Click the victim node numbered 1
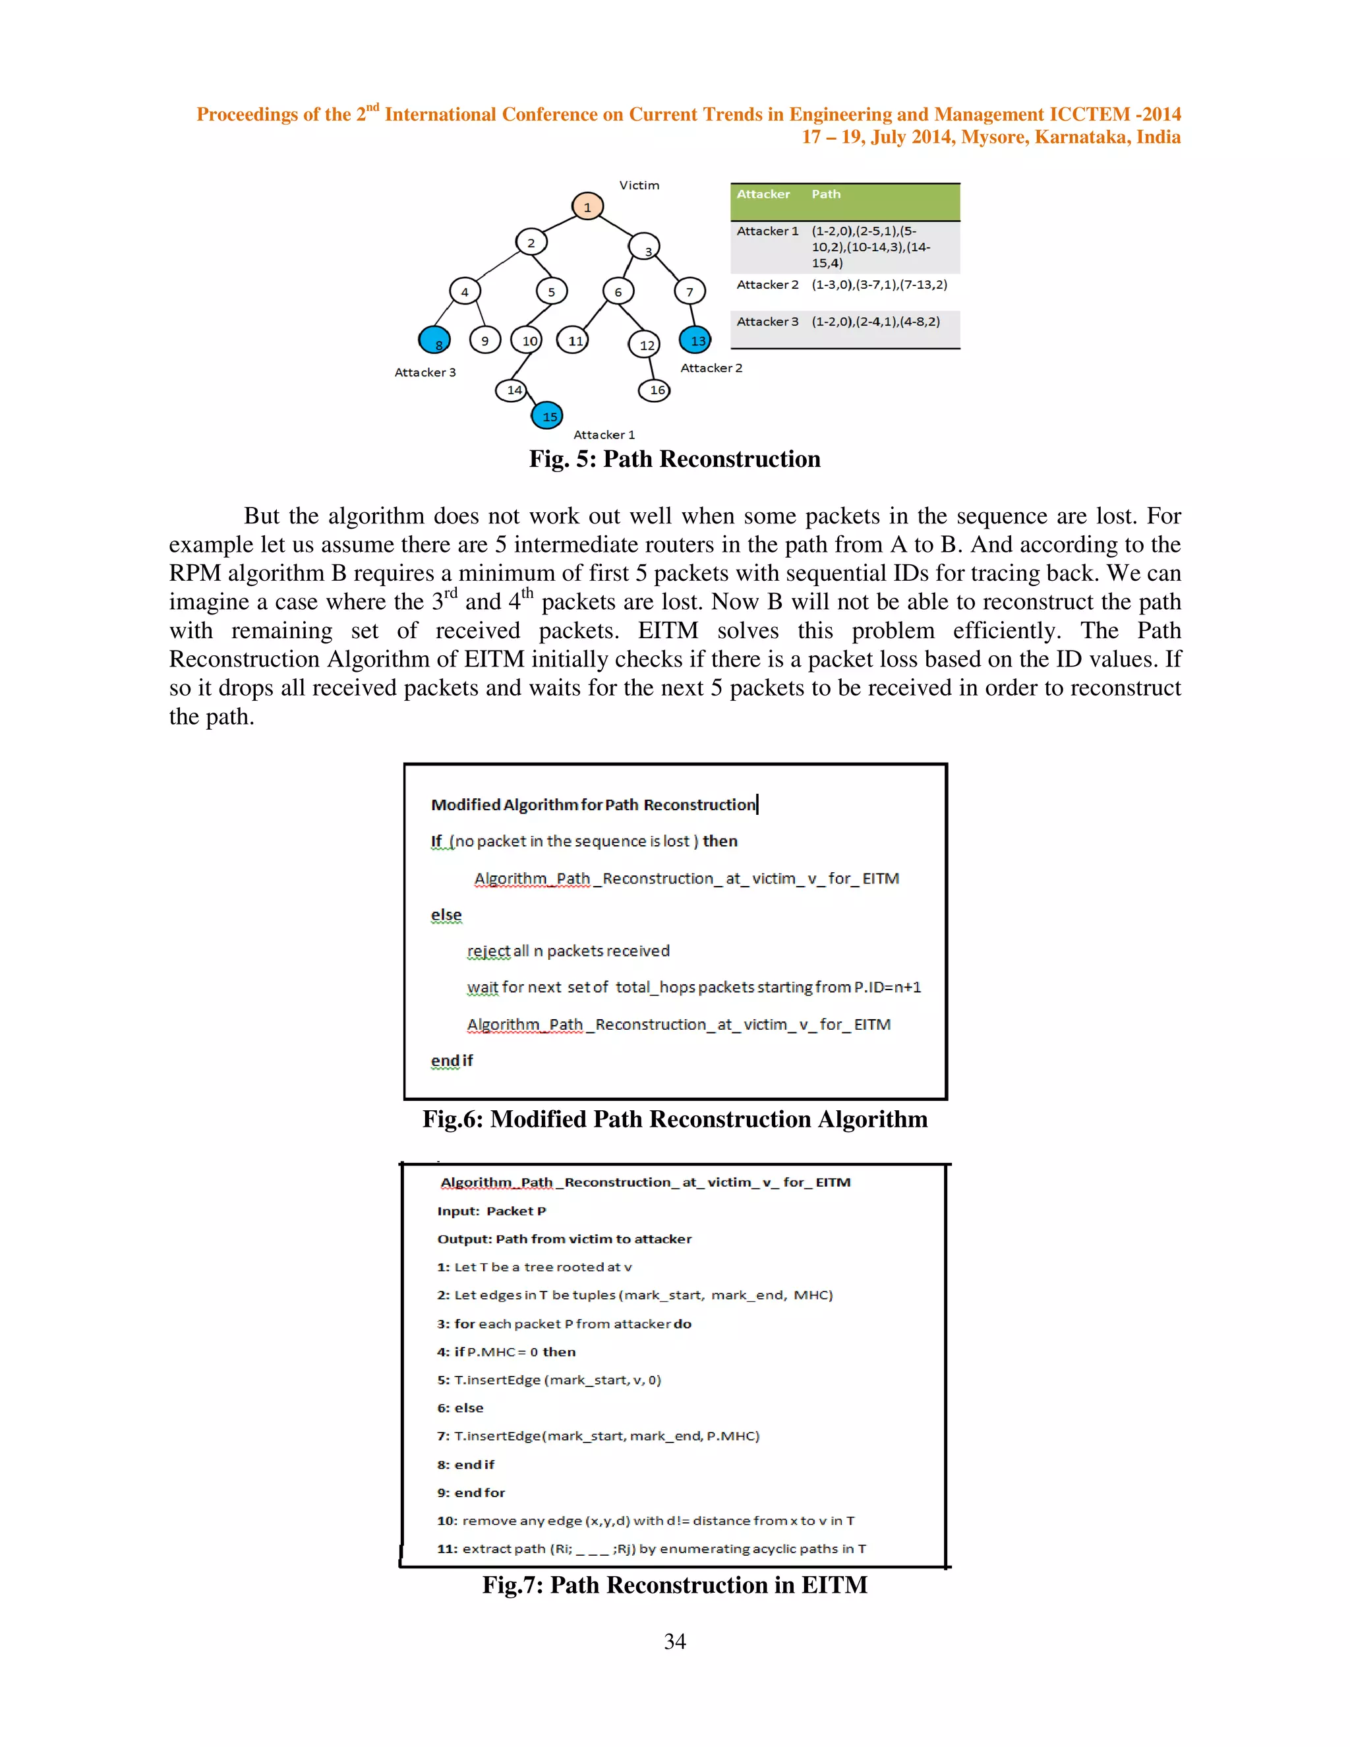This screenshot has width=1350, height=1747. click(587, 206)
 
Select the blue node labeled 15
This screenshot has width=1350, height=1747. click(548, 416)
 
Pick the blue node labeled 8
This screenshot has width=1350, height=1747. click(434, 341)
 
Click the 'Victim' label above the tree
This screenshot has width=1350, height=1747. click(639, 185)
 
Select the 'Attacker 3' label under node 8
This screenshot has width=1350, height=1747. click(425, 372)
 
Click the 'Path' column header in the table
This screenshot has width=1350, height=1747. click(826, 194)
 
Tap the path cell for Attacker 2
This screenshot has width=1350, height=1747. click(879, 285)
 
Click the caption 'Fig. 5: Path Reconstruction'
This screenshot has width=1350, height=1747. click(674, 459)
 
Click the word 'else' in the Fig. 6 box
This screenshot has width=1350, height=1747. click(446, 914)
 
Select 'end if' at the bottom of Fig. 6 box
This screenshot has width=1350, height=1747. click(452, 1060)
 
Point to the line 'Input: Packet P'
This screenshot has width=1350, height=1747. click(491, 1211)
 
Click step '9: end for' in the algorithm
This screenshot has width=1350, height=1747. click(471, 1493)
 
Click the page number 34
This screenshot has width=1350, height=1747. click(674, 1642)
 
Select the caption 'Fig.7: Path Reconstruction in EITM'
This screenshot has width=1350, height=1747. click(674, 1585)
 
